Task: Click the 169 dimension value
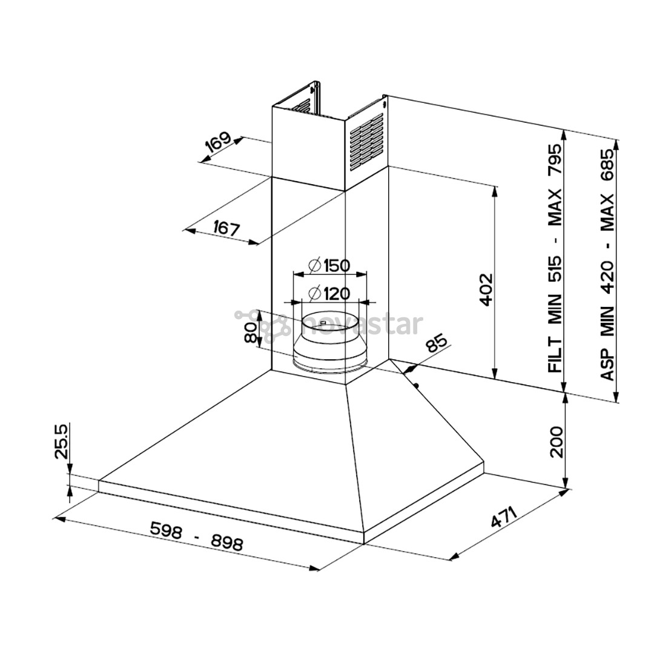(218, 143)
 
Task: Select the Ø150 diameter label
(329, 265)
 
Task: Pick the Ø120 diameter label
(329, 294)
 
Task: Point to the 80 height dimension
(250, 332)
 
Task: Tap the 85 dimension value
(436, 343)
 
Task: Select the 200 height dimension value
(557, 441)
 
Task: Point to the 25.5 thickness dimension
(61, 441)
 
